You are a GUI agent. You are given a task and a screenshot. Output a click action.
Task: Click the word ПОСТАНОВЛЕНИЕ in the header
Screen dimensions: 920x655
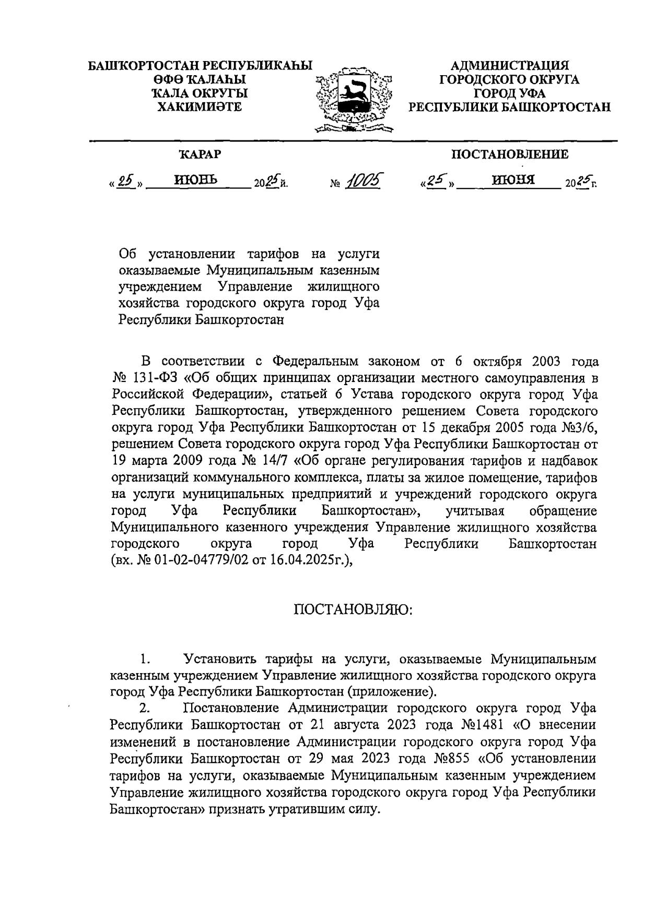tap(510, 154)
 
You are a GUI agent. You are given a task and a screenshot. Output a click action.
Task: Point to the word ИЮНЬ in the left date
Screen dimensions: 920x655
tap(195, 181)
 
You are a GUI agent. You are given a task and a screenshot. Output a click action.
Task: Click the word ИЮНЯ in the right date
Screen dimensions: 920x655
tap(513, 181)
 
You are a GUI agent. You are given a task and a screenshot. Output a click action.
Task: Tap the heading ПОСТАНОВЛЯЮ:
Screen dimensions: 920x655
tap(353, 610)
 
